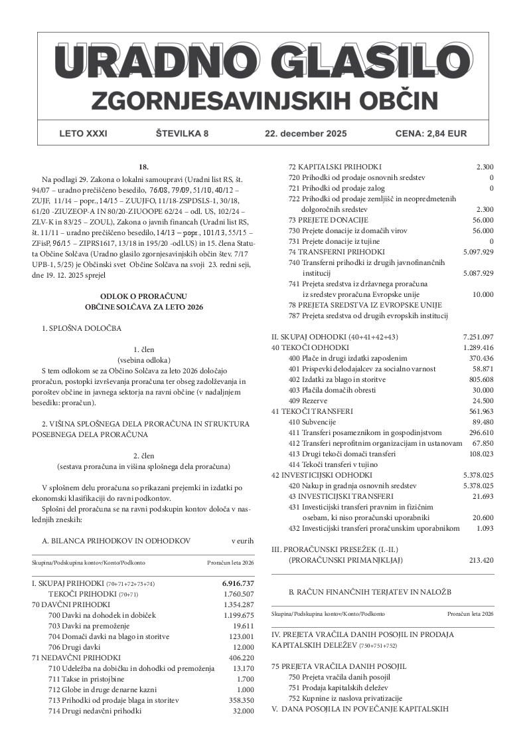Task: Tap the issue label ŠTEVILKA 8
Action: (182, 134)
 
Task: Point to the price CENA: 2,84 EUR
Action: (431, 134)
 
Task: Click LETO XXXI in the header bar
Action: (83, 134)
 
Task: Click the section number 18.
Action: (143, 166)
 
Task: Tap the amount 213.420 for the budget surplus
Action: (481, 560)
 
